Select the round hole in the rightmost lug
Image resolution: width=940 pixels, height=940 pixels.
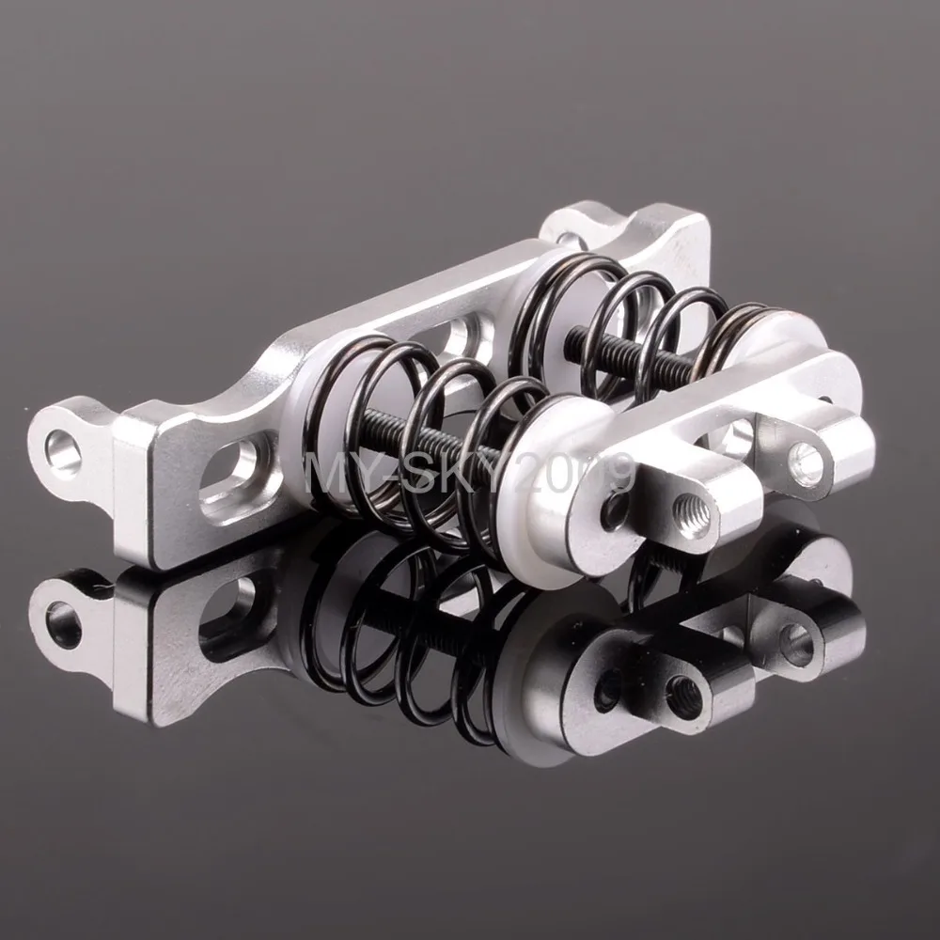click(x=808, y=461)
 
